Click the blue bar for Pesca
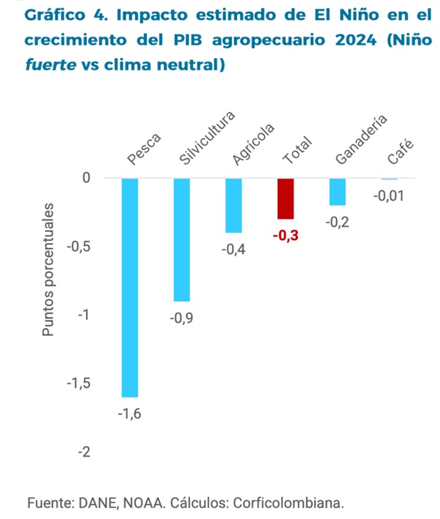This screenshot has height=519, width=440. pos(130,287)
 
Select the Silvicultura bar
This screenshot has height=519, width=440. pos(181,239)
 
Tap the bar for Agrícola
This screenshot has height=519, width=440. pos(234,205)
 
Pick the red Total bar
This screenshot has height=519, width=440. pos(285,199)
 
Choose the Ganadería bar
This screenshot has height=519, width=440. pos(337,192)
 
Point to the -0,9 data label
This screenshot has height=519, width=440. pos(181,318)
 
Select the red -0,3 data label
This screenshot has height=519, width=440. pos(285,235)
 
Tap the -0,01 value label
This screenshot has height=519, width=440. pos(388,196)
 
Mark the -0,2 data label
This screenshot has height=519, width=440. pos(337,222)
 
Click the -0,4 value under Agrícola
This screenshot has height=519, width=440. pos(234,250)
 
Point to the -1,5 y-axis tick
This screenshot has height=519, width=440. pos(79,383)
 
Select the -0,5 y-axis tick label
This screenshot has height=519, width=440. pos(79,246)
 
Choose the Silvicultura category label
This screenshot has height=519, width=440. pos(207,139)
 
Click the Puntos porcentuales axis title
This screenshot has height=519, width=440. pos(48,270)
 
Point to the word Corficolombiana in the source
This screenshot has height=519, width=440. pos(293,502)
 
